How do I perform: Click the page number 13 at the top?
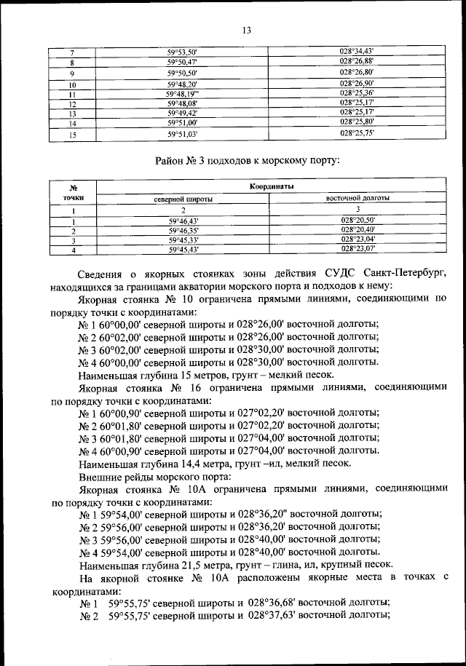[x=247, y=30]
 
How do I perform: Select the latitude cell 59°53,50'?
[x=182, y=52]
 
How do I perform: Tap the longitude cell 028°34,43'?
[x=357, y=52]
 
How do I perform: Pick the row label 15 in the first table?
[x=72, y=135]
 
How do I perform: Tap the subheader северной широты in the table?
[x=183, y=198]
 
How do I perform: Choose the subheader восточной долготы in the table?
[x=357, y=198]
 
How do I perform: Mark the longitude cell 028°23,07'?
[x=357, y=250]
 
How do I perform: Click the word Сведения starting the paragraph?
[x=102, y=273]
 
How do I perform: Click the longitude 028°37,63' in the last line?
[x=276, y=616]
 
